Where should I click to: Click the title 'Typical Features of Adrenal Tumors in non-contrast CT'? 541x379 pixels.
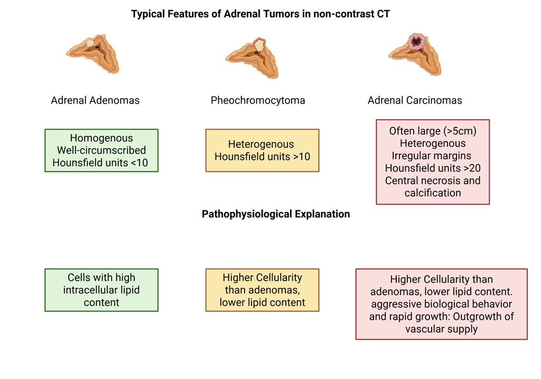coord(260,14)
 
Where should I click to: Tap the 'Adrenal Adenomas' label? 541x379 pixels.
coord(95,100)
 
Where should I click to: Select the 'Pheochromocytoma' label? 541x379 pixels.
coord(258,100)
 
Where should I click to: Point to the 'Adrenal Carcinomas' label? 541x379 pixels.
coord(415,100)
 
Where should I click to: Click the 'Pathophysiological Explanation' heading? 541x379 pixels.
coord(276,214)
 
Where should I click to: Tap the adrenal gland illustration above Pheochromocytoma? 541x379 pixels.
coord(253,57)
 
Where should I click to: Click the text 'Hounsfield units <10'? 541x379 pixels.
coord(100,163)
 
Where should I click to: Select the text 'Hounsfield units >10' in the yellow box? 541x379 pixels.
coord(262,157)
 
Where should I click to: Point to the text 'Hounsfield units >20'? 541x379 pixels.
coord(433,168)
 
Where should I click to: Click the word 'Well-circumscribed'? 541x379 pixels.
coord(101,151)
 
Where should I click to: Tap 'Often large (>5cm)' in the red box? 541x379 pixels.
coord(433,131)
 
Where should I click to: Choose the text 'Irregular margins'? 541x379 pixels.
coord(432,156)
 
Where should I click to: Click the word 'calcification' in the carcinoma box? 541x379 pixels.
coord(433,193)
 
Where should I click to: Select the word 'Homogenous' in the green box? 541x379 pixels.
coord(101,138)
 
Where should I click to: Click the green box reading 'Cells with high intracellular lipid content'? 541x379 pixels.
coord(101,290)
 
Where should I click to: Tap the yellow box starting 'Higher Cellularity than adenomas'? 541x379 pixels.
coord(262,290)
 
